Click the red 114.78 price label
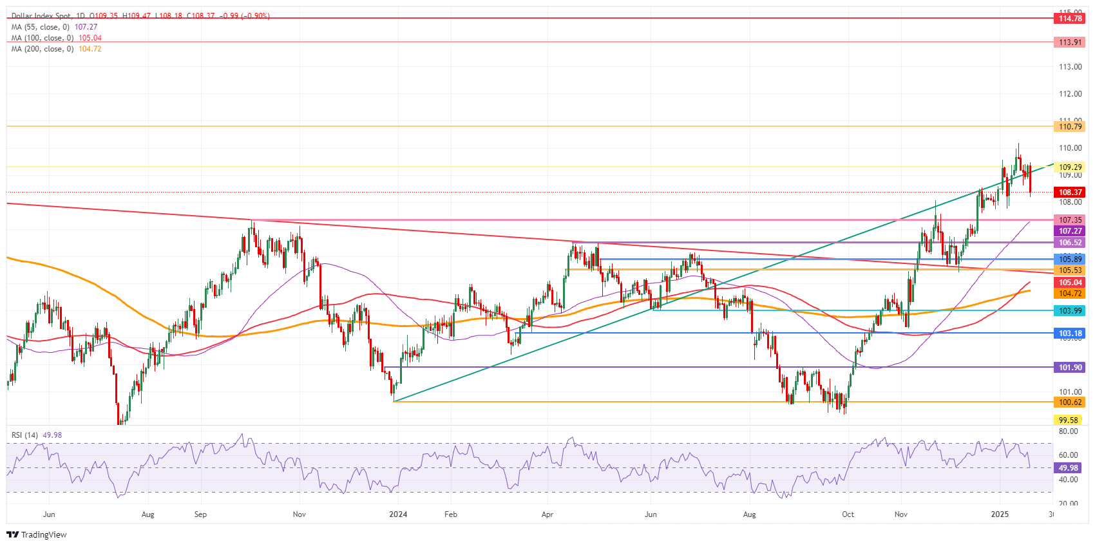[1070, 19]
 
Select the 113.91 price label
[1070, 42]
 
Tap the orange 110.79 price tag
[1070, 127]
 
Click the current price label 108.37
[1070, 193]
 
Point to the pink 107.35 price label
[1070, 220]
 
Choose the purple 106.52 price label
[1070, 243]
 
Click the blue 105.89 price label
[1070, 259]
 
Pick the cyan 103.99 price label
[1070, 311]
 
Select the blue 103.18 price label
[1070, 334]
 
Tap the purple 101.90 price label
[1070, 368]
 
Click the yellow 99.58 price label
[1069, 420]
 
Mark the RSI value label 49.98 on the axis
[1069, 468]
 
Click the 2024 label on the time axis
[398, 514]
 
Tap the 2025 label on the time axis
[1000, 514]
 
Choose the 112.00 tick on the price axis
[1070, 94]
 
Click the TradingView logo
[37, 534]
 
